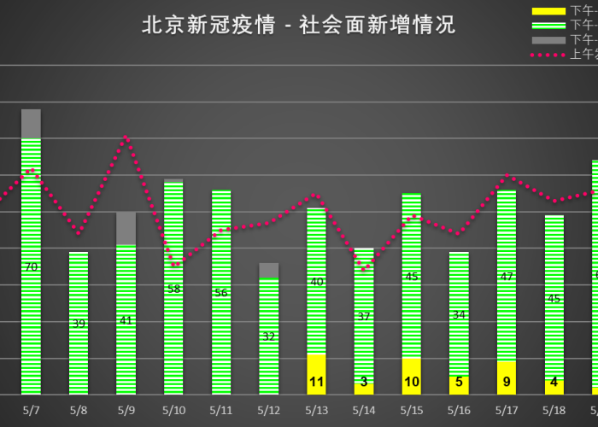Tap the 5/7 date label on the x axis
[32, 410]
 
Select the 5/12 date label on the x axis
[269, 410]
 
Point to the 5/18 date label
[554, 410]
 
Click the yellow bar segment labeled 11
[316, 376]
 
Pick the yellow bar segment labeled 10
[412, 377]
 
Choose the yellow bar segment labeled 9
[507, 378]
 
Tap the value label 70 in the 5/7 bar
[32, 267]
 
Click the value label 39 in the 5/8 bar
[79, 324]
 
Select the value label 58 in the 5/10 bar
[173, 289]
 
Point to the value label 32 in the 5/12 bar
[269, 336]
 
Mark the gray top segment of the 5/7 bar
[32, 124]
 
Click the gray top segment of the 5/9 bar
[126, 228]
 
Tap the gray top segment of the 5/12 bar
[269, 270]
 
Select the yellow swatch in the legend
[548, 11]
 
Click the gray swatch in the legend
[548, 40]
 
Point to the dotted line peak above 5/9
[126, 137]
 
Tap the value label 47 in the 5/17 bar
[507, 277]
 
